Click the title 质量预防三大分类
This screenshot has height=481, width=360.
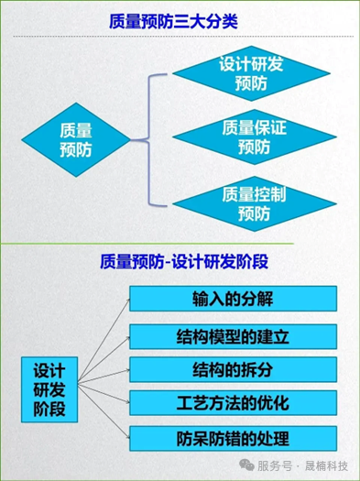[x=180, y=21]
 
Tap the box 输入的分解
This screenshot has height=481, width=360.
[x=233, y=299]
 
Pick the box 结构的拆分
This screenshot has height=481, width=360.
[x=233, y=368]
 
